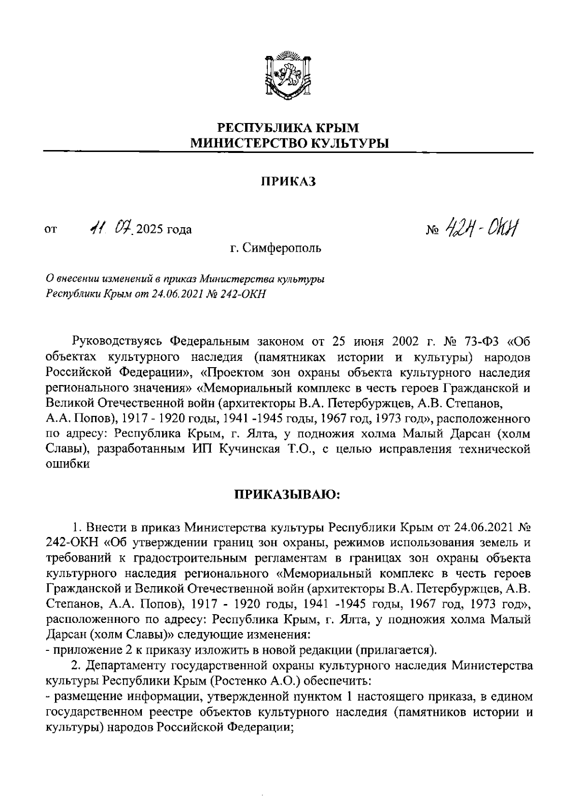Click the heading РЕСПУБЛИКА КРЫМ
tap(289, 128)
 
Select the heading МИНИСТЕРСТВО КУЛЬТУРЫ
tap(289, 143)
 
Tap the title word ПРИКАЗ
tap(289, 182)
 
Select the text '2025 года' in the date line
tap(164, 229)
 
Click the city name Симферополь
tap(282, 248)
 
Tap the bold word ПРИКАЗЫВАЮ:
tap(288, 494)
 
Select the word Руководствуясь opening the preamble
tap(114, 342)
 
